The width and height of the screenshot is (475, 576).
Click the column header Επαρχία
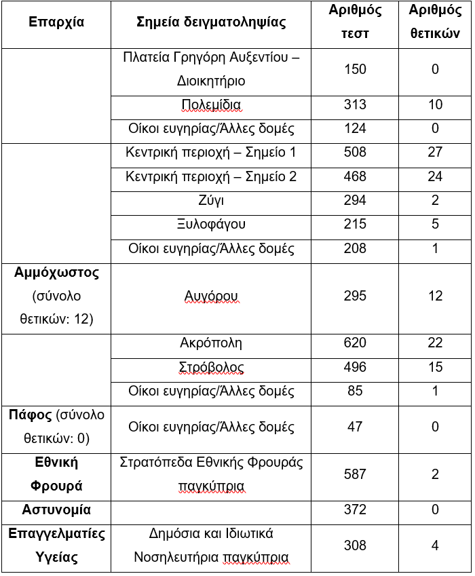pos(56,22)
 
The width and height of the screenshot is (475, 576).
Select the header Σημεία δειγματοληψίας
pos(211,22)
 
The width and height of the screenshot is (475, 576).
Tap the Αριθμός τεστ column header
pos(355,22)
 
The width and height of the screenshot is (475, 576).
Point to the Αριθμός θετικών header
pos(435,22)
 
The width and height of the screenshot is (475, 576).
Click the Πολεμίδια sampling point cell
pos(211,104)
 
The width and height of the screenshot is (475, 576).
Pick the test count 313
pos(355,104)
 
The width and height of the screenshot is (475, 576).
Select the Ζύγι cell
pos(211,201)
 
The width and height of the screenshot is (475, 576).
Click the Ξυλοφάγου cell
pos(211,225)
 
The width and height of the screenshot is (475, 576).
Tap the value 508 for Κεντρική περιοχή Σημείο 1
pos(355,153)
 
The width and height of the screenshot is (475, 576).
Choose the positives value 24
pos(435,177)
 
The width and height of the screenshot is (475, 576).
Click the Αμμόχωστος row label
pos(56,273)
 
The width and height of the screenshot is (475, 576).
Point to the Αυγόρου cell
pos(211,296)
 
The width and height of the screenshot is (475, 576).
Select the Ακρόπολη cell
pos(211,344)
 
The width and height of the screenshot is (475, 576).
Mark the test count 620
pos(355,344)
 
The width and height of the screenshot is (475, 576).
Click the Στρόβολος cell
pos(211,368)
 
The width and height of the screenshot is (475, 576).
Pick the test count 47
pos(355,427)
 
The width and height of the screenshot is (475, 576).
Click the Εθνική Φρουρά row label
pos(56,474)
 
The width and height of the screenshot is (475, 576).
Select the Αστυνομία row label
pos(56,510)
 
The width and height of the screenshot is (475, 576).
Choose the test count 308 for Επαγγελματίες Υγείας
pos(355,545)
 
